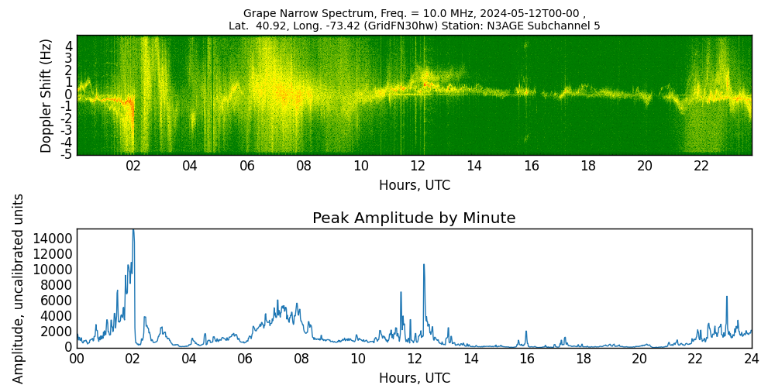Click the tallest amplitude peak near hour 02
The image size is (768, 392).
133,231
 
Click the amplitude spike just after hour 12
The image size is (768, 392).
424,265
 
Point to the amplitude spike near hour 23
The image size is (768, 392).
727,297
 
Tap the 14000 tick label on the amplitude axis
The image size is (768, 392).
53,239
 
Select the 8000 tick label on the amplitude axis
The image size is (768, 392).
56,285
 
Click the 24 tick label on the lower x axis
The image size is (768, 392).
752,359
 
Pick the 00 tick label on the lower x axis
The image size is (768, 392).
77,359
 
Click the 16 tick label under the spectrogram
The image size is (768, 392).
531,166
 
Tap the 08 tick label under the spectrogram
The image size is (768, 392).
304,166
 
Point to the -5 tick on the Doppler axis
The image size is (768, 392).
67,153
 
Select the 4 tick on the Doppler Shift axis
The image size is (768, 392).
69,46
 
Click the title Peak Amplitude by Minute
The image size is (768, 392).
414,218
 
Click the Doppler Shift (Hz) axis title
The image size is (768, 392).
46,95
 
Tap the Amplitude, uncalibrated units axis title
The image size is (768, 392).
19,288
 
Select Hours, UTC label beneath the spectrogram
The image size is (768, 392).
414,185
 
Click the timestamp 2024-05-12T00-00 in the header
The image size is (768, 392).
529,13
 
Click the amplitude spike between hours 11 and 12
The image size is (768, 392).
401,293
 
